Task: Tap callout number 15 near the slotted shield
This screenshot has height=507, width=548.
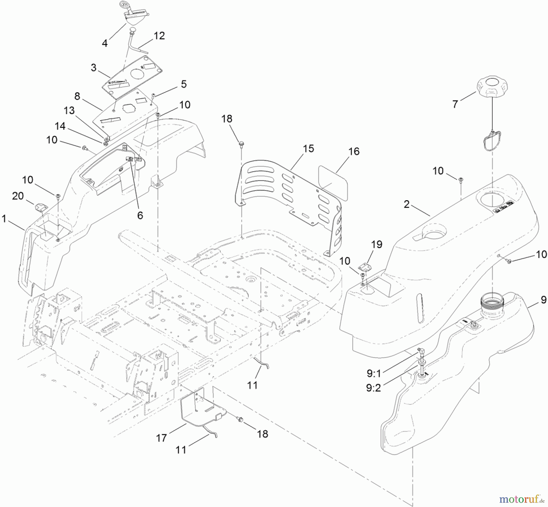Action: (308, 149)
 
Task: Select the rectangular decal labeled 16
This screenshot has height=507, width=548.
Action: (333, 183)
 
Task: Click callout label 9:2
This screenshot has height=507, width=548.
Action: (374, 388)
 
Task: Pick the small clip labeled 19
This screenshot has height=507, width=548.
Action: (366, 267)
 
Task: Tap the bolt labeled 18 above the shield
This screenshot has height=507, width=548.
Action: (241, 143)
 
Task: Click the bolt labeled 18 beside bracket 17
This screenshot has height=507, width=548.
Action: (240, 420)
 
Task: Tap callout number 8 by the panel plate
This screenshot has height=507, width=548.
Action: (77, 96)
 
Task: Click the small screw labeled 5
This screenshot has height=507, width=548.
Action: (153, 96)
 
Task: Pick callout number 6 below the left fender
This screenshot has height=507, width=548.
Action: (140, 215)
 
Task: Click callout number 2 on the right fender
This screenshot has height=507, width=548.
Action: (407, 205)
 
